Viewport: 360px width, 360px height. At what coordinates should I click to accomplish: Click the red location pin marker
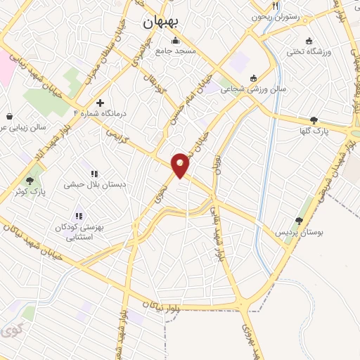click(x=181, y=165)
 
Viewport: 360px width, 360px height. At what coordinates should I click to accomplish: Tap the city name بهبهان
click(x=161, y=21)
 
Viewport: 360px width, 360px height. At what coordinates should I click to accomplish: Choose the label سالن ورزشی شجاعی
click(x=239, y=89)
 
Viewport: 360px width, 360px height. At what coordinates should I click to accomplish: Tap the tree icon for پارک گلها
click(x=314, y=120)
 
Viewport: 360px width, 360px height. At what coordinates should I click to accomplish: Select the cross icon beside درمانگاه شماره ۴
click(x=101, y=103)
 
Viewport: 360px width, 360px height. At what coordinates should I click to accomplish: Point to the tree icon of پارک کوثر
click(x=29, y=180)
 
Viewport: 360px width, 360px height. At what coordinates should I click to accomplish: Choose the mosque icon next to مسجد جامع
click(x=175, y=40)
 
